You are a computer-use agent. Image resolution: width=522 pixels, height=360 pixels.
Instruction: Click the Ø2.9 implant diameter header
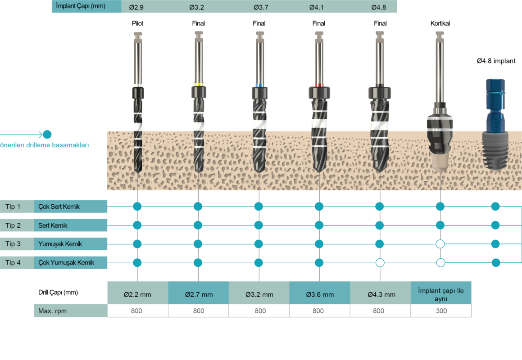[x=136, y=7]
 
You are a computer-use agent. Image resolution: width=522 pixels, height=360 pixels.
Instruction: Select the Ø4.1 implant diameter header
[x=316, y=7]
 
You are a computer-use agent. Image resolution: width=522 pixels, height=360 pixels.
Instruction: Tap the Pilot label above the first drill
[x=137, y=23]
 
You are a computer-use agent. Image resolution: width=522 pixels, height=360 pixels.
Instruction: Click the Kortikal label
[x=440, y=23]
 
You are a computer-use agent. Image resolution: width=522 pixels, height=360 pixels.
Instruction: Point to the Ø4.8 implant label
[x=496, y=61]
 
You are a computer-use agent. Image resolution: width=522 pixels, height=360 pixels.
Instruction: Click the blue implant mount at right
[x=495, y=105]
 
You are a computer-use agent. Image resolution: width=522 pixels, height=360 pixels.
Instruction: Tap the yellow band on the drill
[x=199, y=85]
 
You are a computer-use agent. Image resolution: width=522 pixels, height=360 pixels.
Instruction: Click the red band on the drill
[x=319, y=85]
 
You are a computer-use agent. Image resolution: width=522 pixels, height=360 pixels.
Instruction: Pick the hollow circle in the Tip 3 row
[x=440, y=244]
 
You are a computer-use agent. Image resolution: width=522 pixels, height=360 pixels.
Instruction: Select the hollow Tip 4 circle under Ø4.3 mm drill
[x=380, y=263]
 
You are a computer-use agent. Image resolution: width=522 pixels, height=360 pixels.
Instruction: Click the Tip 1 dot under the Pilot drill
[x=137, y=207]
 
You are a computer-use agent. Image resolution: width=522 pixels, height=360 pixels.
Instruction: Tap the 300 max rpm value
[x=441, y=311]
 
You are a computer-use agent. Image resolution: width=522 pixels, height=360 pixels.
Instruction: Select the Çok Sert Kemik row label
[x=59, y=207]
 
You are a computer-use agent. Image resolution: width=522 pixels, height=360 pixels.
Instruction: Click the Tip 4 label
[x=13, y=262]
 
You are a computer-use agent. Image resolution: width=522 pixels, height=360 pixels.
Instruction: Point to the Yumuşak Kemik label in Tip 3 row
[x=60, y=244]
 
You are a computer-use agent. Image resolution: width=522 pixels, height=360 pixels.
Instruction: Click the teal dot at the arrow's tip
[x=47, y=135]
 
